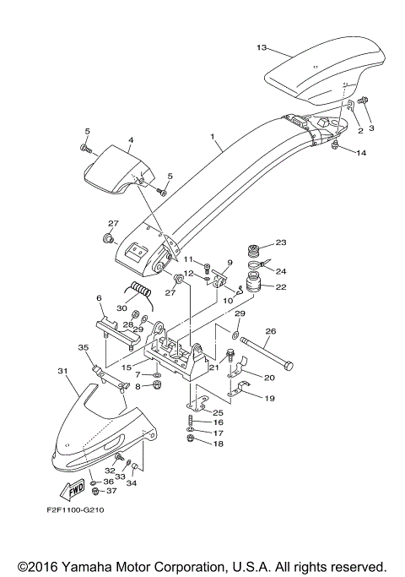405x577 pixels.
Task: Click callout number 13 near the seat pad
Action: click(261, 47)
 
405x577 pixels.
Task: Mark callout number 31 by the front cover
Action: click(62, 371)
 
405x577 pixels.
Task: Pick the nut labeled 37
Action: click(97, 491)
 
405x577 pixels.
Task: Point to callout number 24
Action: click(282, 271)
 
